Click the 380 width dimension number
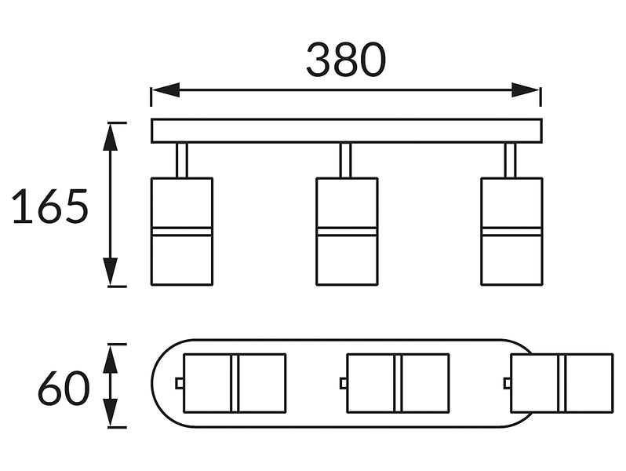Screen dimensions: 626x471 coord(346,60)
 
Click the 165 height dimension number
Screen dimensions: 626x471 coord(50,206)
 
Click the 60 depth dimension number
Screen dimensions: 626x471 coord(64,389)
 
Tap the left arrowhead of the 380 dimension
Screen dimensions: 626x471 coord(166,90)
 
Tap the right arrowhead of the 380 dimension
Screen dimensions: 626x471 coord(526,90)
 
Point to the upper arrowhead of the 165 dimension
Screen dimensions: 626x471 coord(110,137)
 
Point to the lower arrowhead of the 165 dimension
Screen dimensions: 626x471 coord(110,272)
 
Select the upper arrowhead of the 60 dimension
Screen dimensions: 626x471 coord(111,359)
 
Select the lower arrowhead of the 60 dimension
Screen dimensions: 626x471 coord(111,413)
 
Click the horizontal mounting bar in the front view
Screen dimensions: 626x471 coord(347,130)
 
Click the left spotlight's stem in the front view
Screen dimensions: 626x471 coord(182,160)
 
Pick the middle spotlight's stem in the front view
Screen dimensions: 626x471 coord(346,160)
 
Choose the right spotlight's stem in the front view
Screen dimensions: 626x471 coord(510,160)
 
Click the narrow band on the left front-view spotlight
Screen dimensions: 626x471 coord(182,232)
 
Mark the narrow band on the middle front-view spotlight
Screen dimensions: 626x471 coord(347,232)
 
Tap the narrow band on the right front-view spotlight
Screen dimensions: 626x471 coord(511,232)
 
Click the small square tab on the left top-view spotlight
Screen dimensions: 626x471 coord(180,384)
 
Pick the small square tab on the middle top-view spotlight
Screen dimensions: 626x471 coord(344,384)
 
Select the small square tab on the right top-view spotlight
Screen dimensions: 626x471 coord(508,384)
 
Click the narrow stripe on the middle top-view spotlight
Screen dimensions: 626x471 coord(398,383)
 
